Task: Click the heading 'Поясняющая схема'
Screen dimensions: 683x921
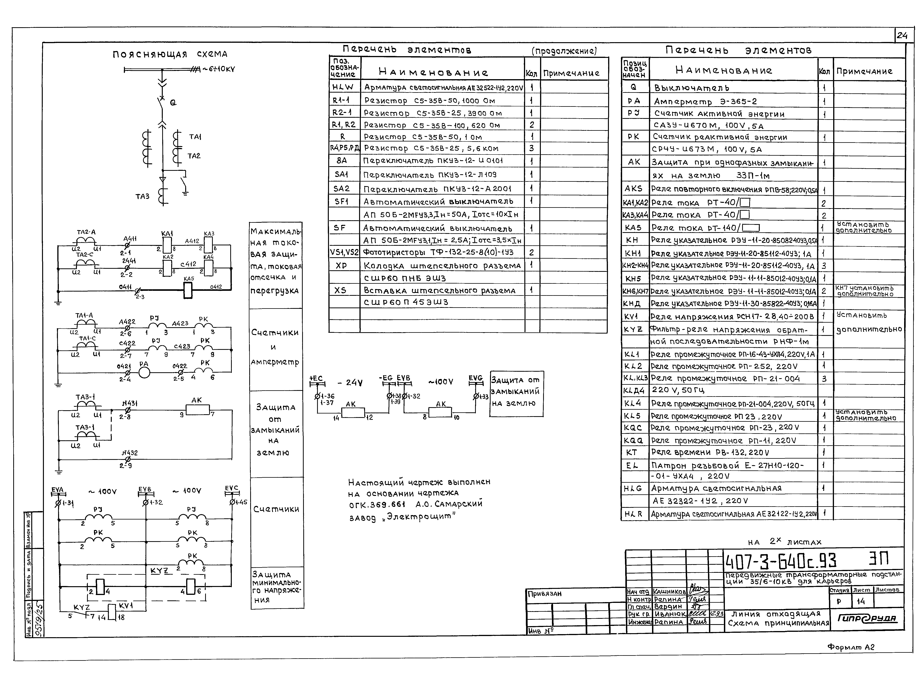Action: (170, 54)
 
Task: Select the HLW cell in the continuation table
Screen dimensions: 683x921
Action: (343, 87)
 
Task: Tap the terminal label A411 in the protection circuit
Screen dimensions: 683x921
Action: (130, 239)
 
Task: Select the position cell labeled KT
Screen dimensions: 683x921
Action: (632, 452)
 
